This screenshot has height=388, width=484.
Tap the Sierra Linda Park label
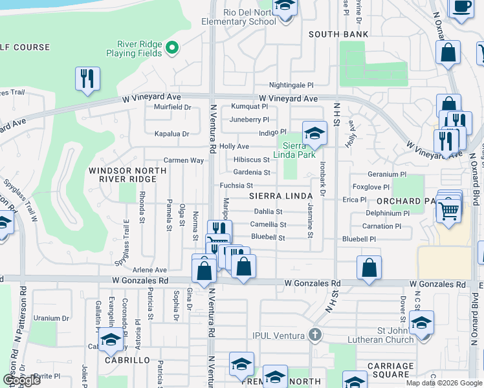click(x=298, y=150)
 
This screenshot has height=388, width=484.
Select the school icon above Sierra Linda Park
click(x=314, y=134)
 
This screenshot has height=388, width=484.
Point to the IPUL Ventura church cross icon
click(x=314, y=334)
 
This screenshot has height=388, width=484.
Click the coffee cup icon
click(x=462, y=7)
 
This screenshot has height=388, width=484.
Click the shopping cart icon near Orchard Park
click(x=448, y=210)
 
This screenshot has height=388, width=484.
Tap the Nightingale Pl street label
click(x=291, y=85)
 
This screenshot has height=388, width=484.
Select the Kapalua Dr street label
click(x=171, y=134)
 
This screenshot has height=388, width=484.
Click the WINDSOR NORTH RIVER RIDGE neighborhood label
click(x=127, y=175)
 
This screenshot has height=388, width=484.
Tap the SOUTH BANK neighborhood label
click(x=338, y=34)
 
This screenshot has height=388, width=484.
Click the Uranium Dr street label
click(x=52, y=318)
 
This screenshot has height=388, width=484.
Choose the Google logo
click(x=21, y=380)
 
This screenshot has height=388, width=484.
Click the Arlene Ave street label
click(x=149, y=270)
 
